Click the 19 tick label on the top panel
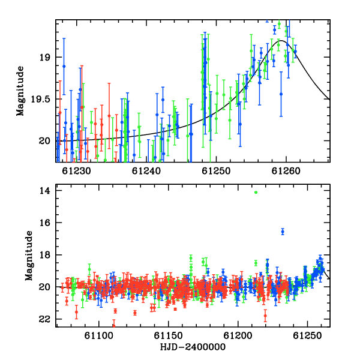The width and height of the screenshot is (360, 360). (45, 57)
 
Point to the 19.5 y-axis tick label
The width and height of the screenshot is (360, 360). (41, 99)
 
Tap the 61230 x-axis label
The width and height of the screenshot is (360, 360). (76, 171)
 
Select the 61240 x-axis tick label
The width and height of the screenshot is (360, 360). (146, 171)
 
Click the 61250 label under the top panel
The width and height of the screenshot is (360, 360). (216, 171)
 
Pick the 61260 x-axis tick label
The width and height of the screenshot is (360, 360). (286, 171)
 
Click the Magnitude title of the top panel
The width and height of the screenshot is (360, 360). (20, 91)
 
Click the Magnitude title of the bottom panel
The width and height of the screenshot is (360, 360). (29, 256)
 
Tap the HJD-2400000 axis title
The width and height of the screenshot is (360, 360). (193, 347)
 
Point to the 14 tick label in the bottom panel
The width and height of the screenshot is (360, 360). (45, 191)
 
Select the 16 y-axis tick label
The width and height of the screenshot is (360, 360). (45, 223)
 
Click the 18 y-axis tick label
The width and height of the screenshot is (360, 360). (45, 255)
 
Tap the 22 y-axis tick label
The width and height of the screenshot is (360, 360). (45, 319)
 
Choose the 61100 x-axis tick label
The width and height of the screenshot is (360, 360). (99, 335)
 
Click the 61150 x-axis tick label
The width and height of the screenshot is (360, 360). (168, 335)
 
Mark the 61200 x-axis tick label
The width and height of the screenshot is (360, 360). (238, 335)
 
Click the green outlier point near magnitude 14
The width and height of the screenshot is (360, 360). (256, 193)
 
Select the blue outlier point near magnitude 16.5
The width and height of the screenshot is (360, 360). (283, 232)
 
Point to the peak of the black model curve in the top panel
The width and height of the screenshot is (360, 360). (281, 41)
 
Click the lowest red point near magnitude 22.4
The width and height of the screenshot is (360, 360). (113, 326)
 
